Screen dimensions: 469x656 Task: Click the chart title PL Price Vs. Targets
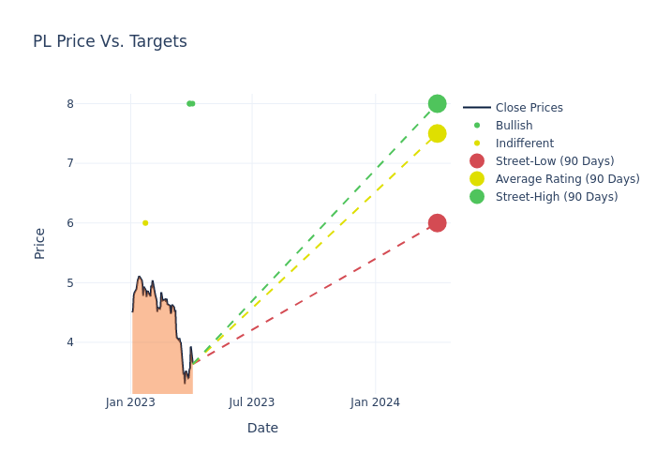110,41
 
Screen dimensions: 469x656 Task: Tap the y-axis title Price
39,243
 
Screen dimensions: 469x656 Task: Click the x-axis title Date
262,428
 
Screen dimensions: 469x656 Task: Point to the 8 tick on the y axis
69,104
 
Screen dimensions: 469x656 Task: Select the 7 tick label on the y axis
69,163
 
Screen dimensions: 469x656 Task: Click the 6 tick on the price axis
69,223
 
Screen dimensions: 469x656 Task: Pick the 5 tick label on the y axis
69,282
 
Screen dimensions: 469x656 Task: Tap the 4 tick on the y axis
69,342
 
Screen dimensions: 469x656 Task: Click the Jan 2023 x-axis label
130,402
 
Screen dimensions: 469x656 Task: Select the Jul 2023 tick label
252,402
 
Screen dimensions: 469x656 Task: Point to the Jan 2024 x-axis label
375,402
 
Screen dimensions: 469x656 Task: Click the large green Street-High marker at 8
437,103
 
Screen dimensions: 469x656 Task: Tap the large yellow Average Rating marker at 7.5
437,133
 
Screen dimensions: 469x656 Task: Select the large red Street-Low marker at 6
437,222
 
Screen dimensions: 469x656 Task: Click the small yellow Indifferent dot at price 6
145,223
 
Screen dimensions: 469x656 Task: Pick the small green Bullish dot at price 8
190,103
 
